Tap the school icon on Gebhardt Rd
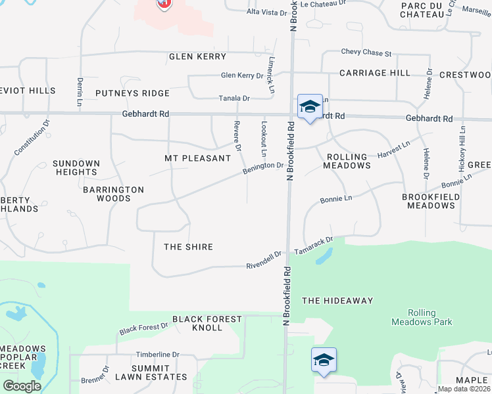pyautogui.click(x=309, y=107)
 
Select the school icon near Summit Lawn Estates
pyautogui.click(x=324, y=360)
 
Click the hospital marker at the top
pyautogui.click(x=164, y=3)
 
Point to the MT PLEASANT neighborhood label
pyautogui.click(x=197, y=158)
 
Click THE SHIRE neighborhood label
pyautogui.click(x=188, y=247)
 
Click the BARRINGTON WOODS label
pyautogui.click(x=113, y=194)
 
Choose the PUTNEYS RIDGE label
pyautogui.click(x=132, y=93)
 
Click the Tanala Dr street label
pyautogui.click(x=234, y=98)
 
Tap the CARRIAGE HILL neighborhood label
pyautogui.click(x=375, y=73)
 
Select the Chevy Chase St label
pyautogui.click(x=366, y=53)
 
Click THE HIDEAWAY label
pyautogui.click(x=337, y=301)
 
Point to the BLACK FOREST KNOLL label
pyautogui.click(x=198, y=323)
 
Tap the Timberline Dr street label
pyautogui.click(x=157, y=354)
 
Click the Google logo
pyautogui.click(x=22, y=385)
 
